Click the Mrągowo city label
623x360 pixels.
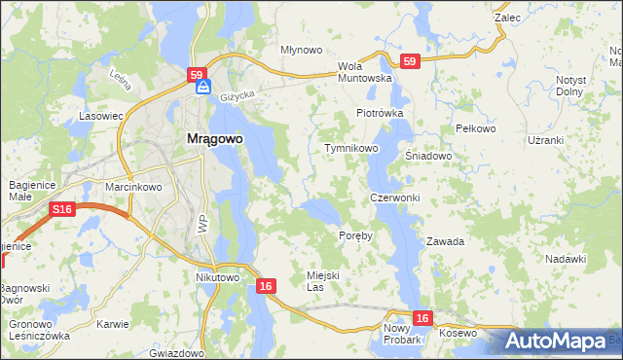(x=214, y=139)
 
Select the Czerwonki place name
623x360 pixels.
(x=394, y=198)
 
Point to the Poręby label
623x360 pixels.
(x=355, y=236)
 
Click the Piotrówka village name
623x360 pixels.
(x=379, y=113)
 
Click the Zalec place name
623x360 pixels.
(x=507, y=18)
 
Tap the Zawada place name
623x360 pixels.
(x=445, y=241)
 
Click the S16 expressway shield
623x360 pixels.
(x=63, y=208)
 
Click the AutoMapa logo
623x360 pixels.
(x=557, y=342)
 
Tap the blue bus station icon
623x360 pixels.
(x=202, y=88)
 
